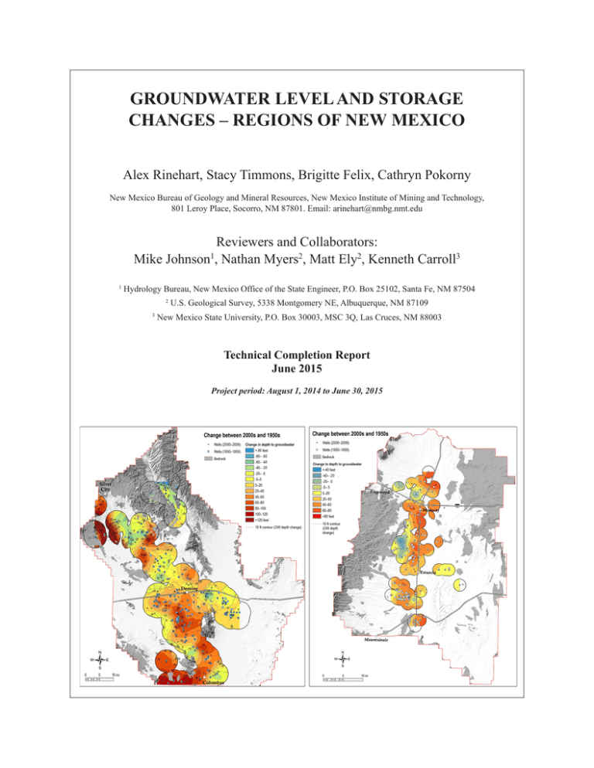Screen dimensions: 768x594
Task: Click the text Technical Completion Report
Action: click(296, 357)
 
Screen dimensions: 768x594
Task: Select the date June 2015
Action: click(296, 372)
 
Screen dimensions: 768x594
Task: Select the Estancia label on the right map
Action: click(429, 573)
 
